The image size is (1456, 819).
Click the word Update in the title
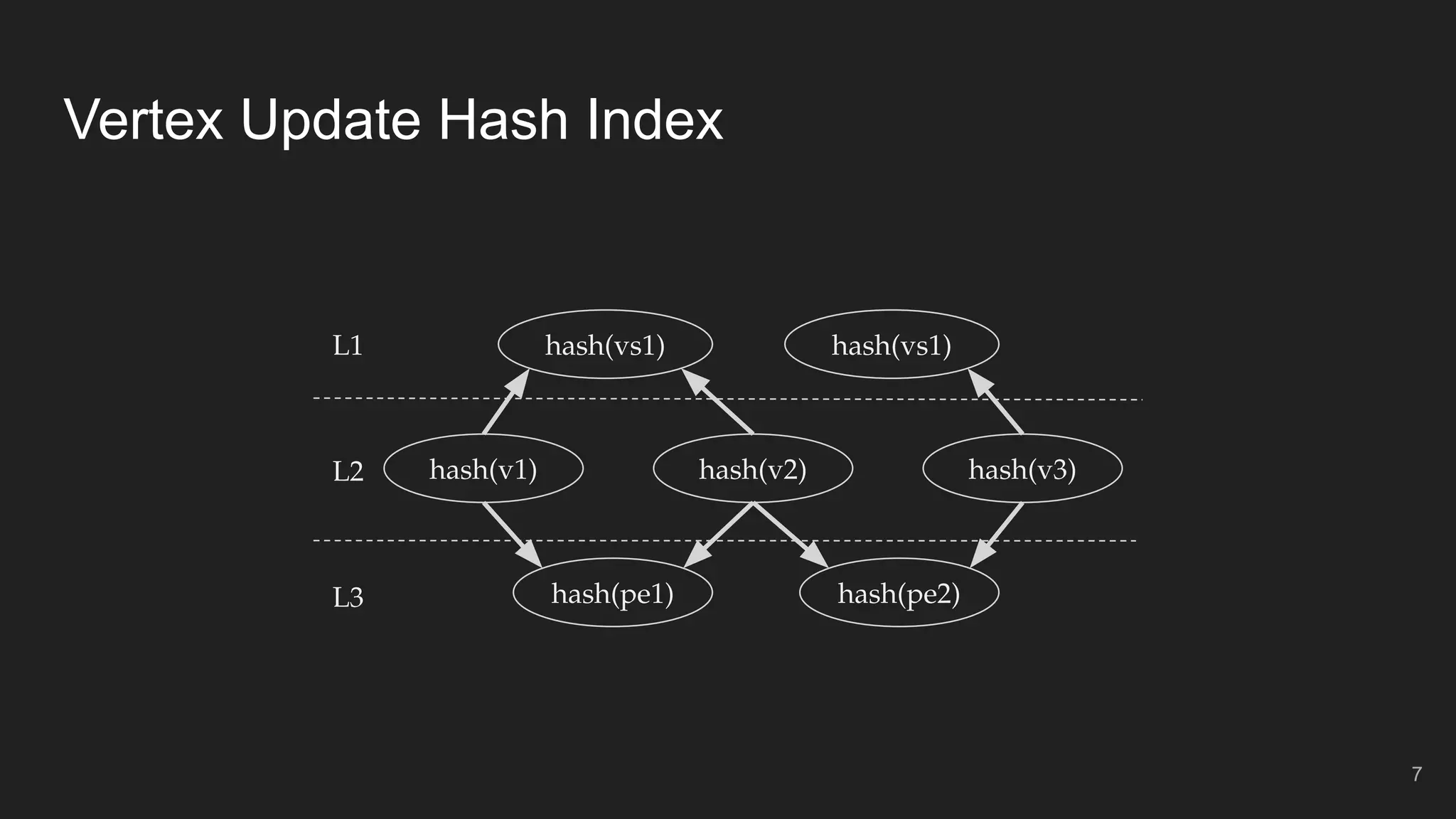(331, 121)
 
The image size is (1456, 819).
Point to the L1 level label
(348, 346)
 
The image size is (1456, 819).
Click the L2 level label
(348, 471)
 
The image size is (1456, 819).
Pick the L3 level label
(348, 597)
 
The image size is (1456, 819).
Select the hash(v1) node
(483, 469)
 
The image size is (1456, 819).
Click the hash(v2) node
(753, 469)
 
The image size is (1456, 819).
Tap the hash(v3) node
(1022, 469)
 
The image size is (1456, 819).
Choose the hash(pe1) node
(613, 593)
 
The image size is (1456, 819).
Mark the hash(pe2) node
(899, 593)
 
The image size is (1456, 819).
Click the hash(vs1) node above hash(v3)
(892, 345)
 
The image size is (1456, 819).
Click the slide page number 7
(1416, 774)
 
